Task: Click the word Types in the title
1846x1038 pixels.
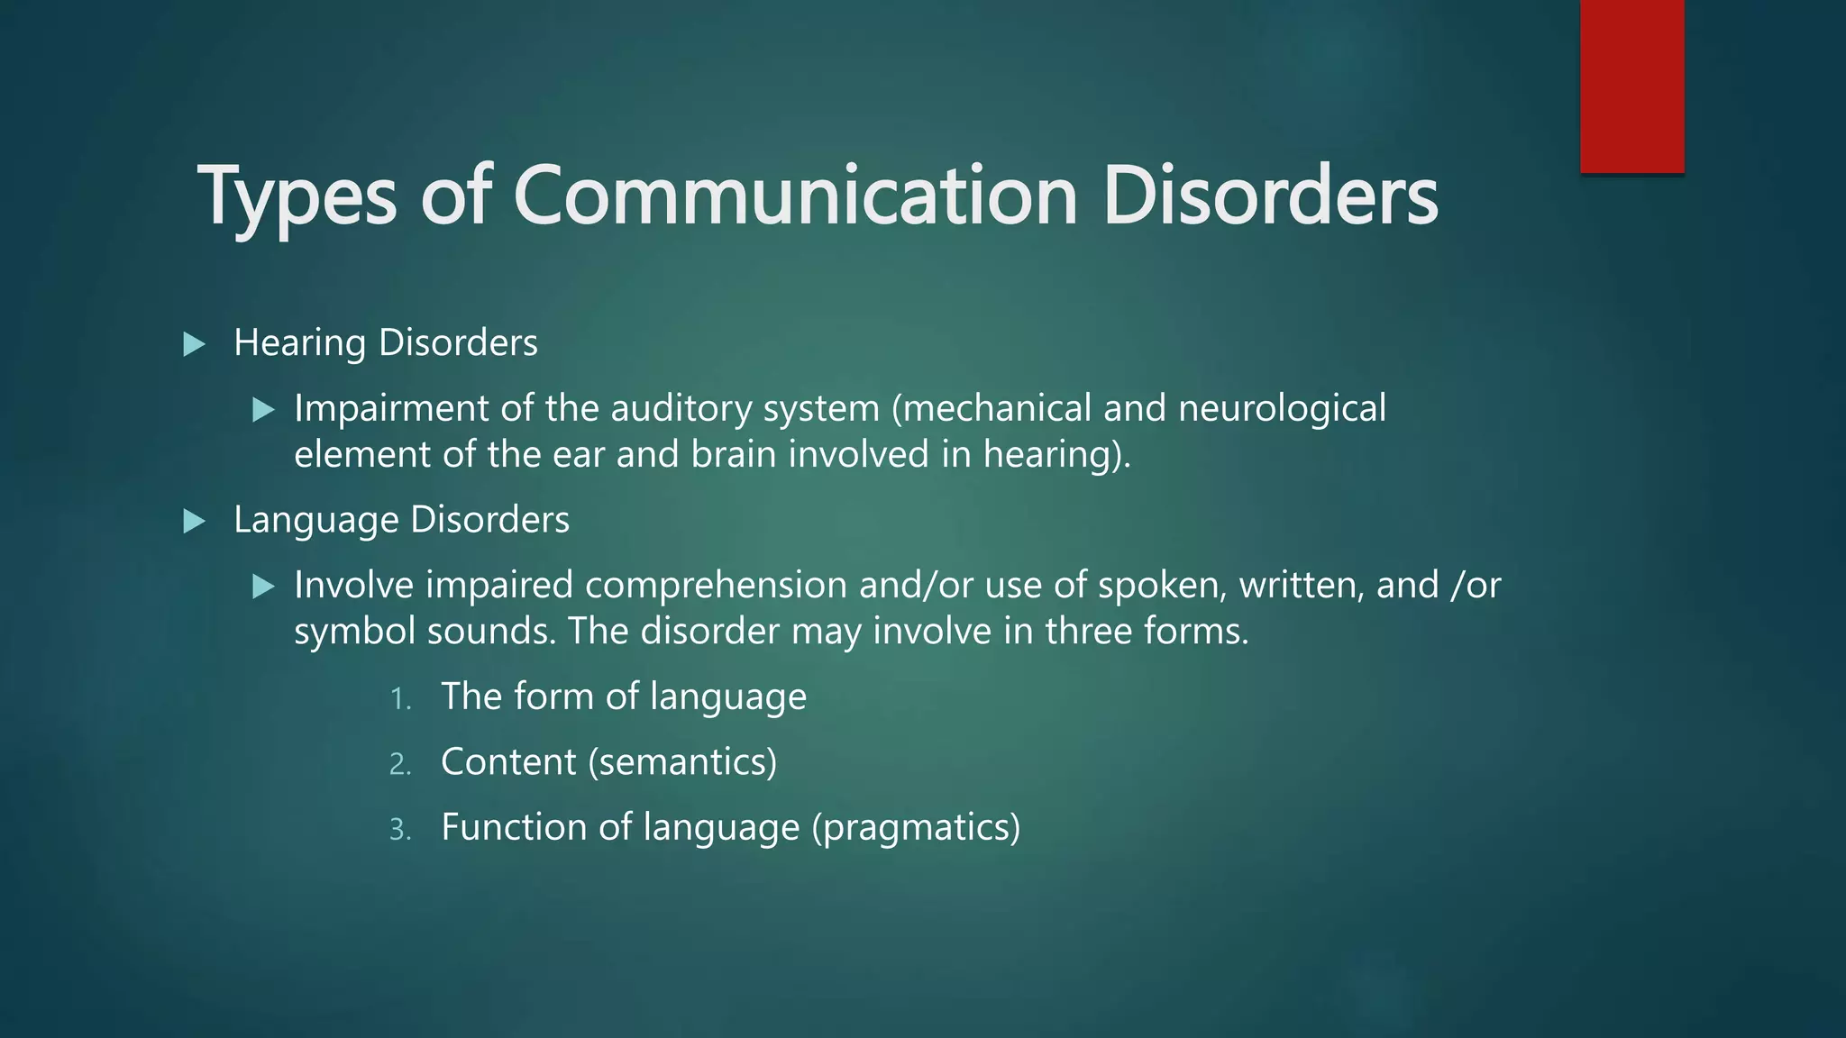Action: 297,196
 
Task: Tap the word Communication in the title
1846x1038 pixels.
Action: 795,196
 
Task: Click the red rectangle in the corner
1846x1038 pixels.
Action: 1631,86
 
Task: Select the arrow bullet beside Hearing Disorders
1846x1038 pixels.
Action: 194,344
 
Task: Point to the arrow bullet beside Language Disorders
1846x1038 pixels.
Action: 194,521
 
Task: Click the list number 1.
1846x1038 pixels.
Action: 400,699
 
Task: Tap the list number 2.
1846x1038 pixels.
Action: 400,765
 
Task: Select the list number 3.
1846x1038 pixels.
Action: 400,830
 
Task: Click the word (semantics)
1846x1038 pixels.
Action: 682,762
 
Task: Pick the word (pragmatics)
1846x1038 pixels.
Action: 916,828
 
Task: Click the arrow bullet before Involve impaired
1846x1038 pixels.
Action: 263,587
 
